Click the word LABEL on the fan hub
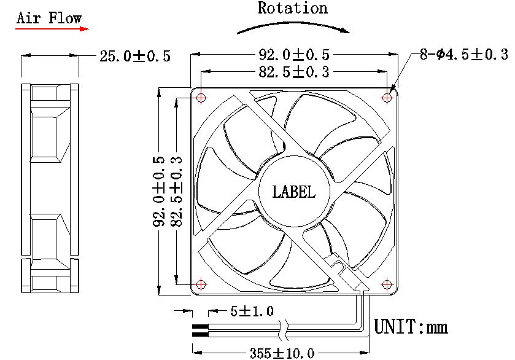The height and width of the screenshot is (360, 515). click(x=294, y=192)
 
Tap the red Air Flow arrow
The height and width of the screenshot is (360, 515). click(x=52, y=28)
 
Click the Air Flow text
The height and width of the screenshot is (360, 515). click(x=49, y=17)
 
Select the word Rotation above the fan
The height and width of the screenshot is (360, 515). click(x=293, y=8)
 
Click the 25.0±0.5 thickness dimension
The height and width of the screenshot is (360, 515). click(x=135, y=57)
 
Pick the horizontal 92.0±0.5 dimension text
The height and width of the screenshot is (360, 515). click(x=294, y=54)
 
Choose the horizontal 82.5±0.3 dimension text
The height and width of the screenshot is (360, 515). click(x=294, y=72)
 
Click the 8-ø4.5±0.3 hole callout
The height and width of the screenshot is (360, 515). click(x=464, y=55)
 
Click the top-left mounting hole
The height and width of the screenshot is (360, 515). click(x=201, y=98)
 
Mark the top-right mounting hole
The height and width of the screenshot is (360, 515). click(x=388, y=97)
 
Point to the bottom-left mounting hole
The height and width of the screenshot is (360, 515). click(x=201, y=284)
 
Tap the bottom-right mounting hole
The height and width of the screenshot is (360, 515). click(x=387, y=284)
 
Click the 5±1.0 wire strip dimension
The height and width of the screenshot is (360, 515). click(x=252, y=311)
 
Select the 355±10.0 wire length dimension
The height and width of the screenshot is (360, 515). click(x=282, y=353)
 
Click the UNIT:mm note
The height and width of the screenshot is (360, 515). click(x=411, y=326)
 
